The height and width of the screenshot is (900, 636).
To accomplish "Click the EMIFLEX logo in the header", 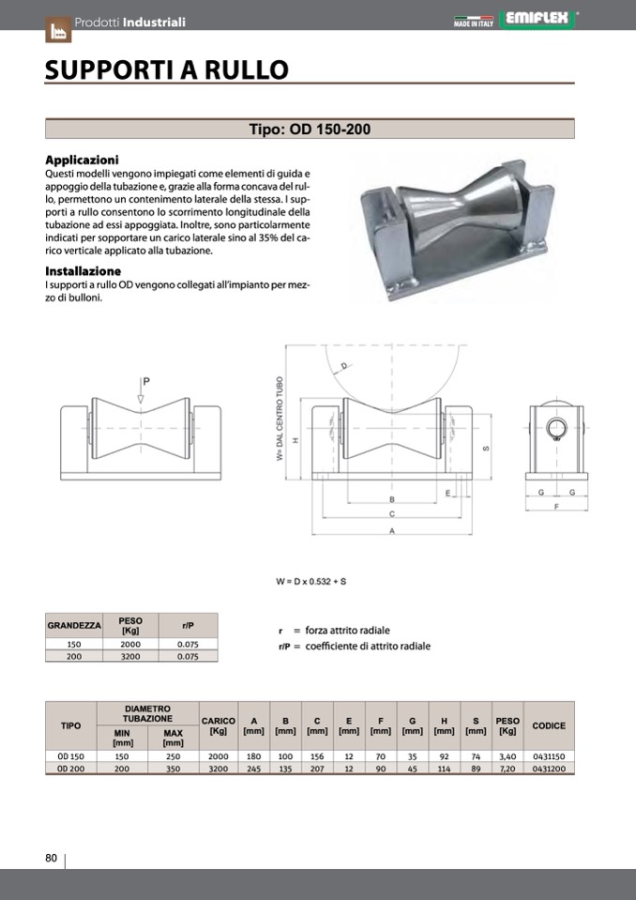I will (x=540, y=18).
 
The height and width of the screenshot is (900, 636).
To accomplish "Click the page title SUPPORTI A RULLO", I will (x=167, y=70).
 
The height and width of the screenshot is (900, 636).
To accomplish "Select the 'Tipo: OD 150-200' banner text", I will (x=310, y=130).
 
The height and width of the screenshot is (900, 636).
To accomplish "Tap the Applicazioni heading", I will (x=82, y=160).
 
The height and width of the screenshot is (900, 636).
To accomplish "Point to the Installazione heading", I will (x=83, y=271).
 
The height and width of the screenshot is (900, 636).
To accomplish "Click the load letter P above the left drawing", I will (x=146, y=381).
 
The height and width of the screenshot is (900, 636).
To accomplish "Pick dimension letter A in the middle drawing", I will (x=391, y=531).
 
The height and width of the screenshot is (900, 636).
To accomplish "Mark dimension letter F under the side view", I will (x=557, y=507).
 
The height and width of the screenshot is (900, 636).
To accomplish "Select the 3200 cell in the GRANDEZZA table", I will (x=130, y=657).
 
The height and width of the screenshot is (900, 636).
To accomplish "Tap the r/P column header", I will (x=189, y=625).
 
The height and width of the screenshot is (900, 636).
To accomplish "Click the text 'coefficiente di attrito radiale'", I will (x=368, y=647).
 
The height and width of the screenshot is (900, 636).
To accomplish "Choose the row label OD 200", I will (x=70, y=768).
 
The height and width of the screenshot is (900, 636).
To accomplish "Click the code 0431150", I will (x=549, y=755).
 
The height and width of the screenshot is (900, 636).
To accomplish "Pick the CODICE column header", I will (x=549, y=725).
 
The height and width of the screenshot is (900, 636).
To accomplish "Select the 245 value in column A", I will (x=253, y=768).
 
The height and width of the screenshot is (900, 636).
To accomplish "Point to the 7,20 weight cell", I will (x=507, y=768).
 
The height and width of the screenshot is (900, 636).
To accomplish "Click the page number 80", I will (x=52, y=858).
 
